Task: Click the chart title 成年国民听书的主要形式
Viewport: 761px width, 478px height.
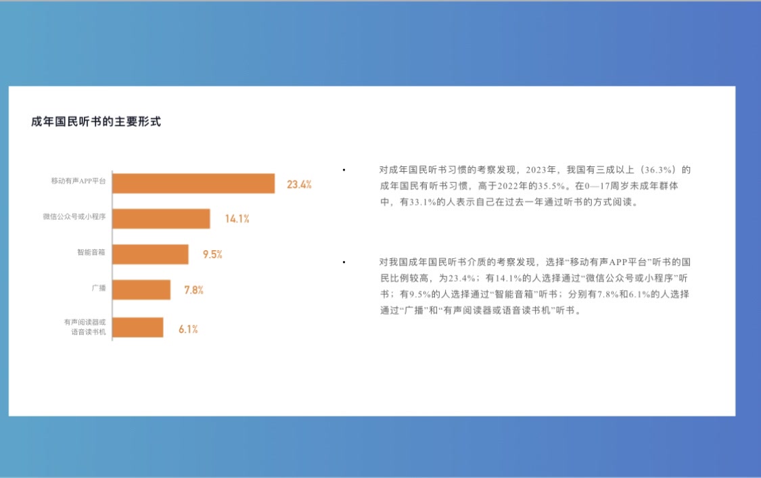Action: pyautogui.click(x=96, y=121)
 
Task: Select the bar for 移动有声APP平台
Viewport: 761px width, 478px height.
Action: pyautogui.click(x=193, y=183)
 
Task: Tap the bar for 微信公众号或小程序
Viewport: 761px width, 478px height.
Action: pyautogui.click(x=161, y=219)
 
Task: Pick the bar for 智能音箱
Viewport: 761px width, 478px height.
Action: pyautogui.click(x=150, y=254)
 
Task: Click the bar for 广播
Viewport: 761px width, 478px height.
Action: pyautogui.click(x=141, y=290)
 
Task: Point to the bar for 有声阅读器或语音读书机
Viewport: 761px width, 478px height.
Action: pyautogui.click(x=138, y=327)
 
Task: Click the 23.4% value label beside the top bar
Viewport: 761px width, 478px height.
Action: pyautogui.click(x=299, y=185)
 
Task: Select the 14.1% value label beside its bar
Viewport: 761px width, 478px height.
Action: pyautogui.click(x=237, y=219)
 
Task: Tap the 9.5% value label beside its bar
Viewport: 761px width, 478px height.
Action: pyautogui.click(x=212, y=254)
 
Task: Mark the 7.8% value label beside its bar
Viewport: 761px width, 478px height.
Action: pyautogui.click(x=193, y=290)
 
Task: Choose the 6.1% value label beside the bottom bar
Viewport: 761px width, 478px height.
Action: pyautogui.click(x=188, y=329)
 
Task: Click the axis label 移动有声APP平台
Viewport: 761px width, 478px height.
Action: pyautogui.click(x=78, y=181)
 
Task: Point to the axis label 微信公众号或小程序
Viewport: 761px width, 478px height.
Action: pyautogui.click(x=74, y=216)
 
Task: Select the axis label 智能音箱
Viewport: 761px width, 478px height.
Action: pyautogui.click(x=91, y=252)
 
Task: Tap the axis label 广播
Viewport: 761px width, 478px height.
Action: pyautogui.click(x=99, y=288)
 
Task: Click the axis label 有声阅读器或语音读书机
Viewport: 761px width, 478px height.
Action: pyautogui.click(x=85, y=327)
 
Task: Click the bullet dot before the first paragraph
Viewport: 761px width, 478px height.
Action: pyautogui.click(x=344, y=170)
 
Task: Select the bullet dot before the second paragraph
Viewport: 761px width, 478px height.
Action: pyautogui.click(x=344, y=262)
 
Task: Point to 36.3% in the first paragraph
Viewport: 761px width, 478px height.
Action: pyautogui.click(x=658, y=170)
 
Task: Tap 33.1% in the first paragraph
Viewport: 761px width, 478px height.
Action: pyautogui.click(x=422, y=202)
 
